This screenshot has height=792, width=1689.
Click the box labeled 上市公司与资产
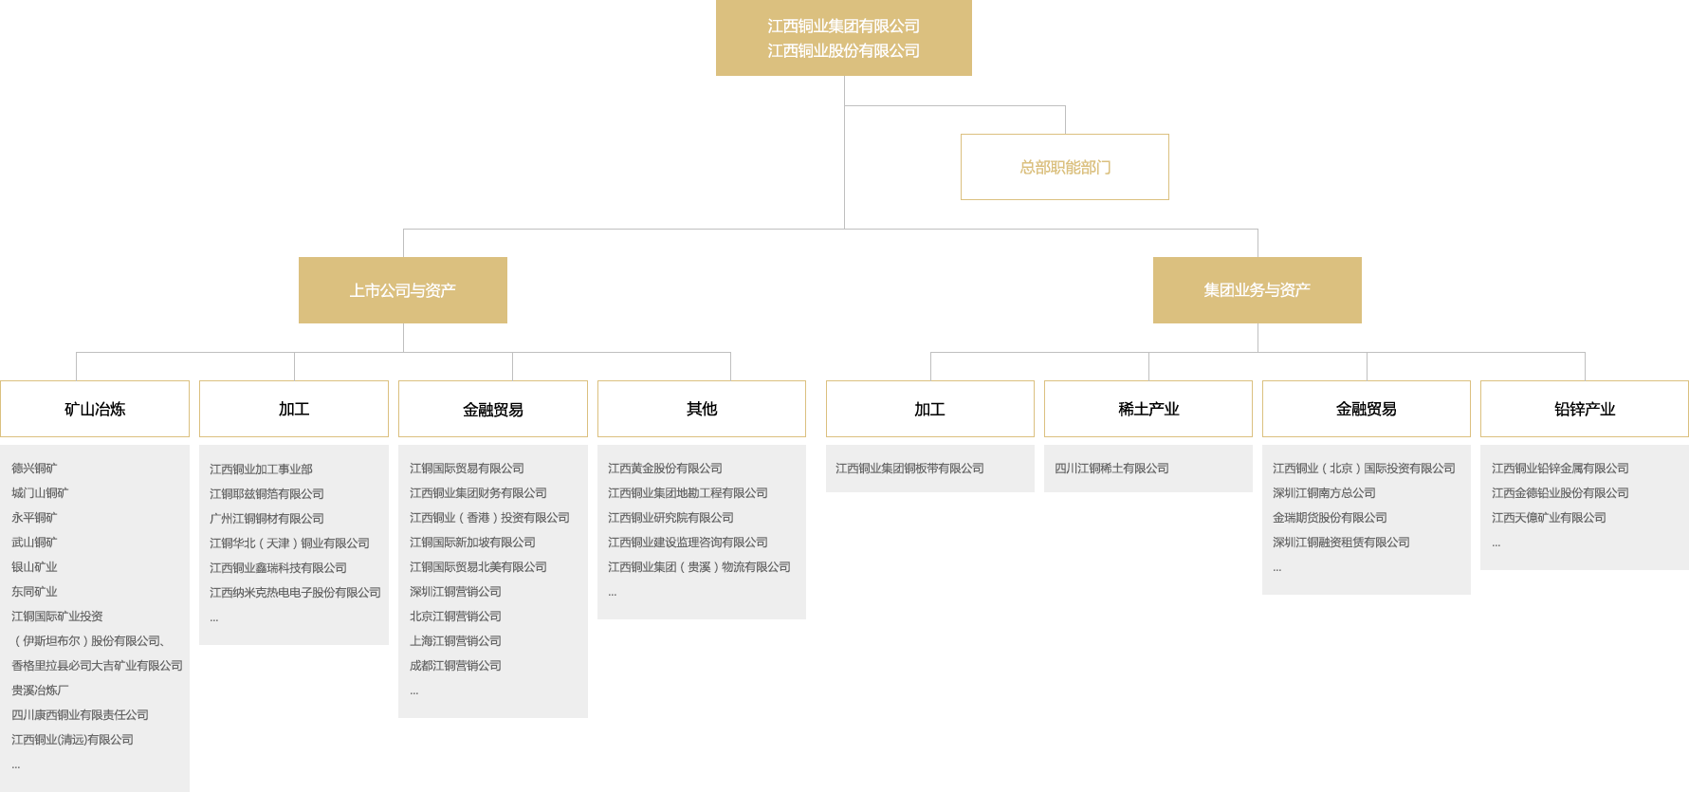(402, 290)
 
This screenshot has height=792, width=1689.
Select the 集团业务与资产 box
(1257, 290)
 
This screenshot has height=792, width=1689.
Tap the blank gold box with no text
(1064, 166)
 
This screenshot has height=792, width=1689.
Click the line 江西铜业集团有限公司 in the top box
(843, 27)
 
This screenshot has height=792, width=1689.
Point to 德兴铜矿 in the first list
(34, 469)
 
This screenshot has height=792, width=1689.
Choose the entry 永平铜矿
(34, 518)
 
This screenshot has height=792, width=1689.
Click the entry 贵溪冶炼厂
(40, 691)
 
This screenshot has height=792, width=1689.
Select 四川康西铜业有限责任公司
(80, 715)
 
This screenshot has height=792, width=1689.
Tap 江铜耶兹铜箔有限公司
(266, 494)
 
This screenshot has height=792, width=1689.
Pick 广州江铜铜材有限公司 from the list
(266, 519)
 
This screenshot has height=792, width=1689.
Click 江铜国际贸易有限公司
(467, 469)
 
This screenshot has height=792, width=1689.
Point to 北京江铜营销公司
(455, 617)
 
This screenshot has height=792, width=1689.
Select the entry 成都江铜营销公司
(455, 666)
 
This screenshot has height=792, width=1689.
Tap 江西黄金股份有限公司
(665, 469)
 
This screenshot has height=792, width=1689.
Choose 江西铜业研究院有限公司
(670, 518)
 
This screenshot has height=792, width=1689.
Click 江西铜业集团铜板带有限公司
(909, 469)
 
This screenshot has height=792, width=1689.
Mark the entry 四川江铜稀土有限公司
(1111, 469)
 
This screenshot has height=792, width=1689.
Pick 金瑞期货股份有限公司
(1330, 518)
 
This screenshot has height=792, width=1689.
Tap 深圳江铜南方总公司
(1324, 493)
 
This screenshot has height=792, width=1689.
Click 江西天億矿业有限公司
(1549, 518)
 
